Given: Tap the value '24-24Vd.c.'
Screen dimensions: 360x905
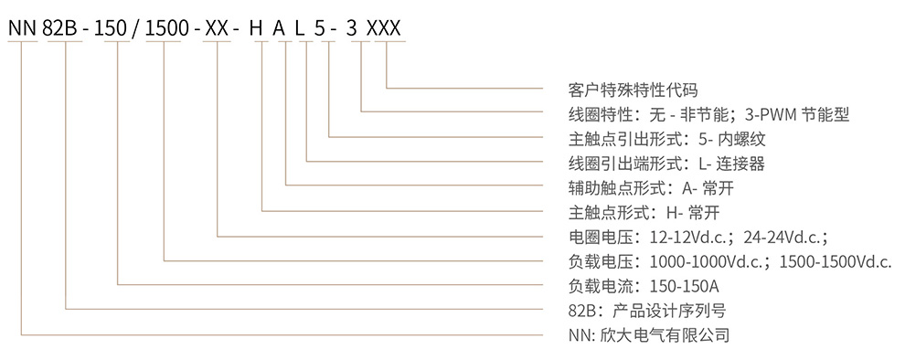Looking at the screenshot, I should coord(786,238).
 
